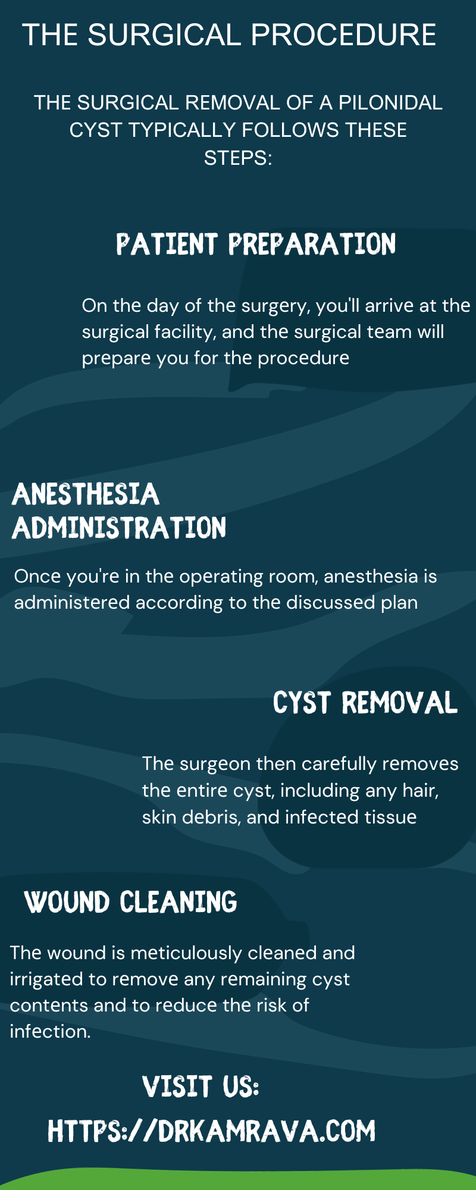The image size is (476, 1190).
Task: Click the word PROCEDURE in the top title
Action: tap(343, 35)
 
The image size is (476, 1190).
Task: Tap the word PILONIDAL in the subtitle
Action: tap(390, 103)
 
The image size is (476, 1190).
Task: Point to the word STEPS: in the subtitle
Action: tap(238, 158)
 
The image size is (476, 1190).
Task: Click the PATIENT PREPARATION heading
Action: tap(256, 245)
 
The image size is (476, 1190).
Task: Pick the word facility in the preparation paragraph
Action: tap(184, 331)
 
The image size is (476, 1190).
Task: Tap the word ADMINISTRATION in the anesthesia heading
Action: tap(119, 528)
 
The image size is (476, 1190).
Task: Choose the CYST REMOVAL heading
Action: tap(365, 703)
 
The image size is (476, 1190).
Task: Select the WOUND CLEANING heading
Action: tap(131, 902)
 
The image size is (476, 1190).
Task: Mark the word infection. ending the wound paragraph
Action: tap(50, 1032)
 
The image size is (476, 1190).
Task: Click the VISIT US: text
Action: tap(201, 1087)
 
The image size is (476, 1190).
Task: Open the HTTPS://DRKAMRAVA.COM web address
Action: tap(212, 1131)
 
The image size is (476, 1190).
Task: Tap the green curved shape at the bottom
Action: tap(238, 1180)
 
